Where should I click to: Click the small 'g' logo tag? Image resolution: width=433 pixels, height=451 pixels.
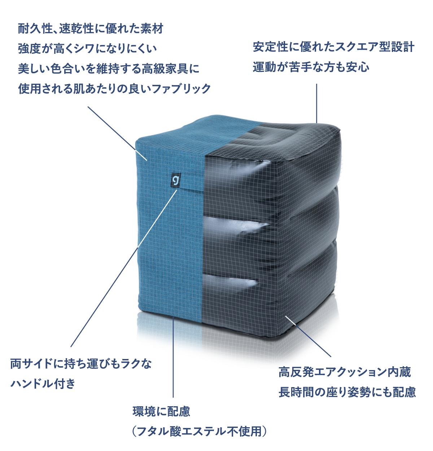(176, 180)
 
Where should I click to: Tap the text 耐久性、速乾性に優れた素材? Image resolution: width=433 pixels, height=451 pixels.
(91, 29)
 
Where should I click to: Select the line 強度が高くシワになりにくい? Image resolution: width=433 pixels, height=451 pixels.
(87, 48)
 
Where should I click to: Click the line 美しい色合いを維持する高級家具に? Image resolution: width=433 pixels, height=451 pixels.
(109, 69)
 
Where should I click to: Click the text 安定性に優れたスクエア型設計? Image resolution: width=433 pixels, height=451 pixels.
(333, 47)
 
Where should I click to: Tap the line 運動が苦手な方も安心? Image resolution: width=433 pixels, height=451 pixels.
(311, 67)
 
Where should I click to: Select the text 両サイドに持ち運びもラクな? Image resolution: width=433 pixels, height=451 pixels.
(81, 364)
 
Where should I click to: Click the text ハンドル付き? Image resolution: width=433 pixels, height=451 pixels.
(43, 383)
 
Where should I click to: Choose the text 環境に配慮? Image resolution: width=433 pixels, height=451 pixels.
(161, 412)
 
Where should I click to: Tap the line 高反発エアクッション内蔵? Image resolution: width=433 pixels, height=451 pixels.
(345, 372)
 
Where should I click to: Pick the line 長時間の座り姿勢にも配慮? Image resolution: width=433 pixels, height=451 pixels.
(347, 392)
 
